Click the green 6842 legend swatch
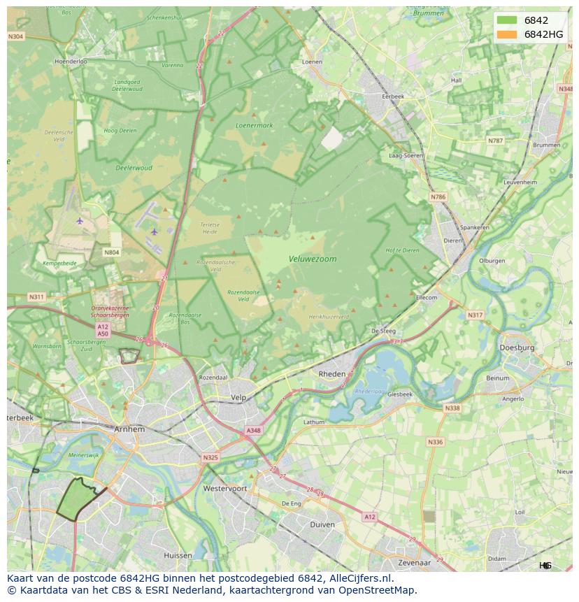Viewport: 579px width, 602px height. (507, 20)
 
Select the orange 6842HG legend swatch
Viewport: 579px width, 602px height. (507, 34)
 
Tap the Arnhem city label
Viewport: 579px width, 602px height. (130, 429)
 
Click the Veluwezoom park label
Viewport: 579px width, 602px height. (313, 259)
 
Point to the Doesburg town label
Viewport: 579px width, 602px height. (517, 347)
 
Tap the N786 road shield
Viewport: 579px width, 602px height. (438, 197)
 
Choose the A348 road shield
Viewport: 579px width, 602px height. (253, 431)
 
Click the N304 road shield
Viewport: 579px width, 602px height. (15, 36)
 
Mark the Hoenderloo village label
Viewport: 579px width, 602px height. (71, 62)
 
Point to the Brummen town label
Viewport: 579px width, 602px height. (546, 145)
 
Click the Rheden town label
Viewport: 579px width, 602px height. (332, 374)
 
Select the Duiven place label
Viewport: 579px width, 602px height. (322, 524)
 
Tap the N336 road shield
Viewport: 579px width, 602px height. (435, 442)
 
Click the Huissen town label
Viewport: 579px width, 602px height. (178, 555)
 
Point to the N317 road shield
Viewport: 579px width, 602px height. (475, 315)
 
